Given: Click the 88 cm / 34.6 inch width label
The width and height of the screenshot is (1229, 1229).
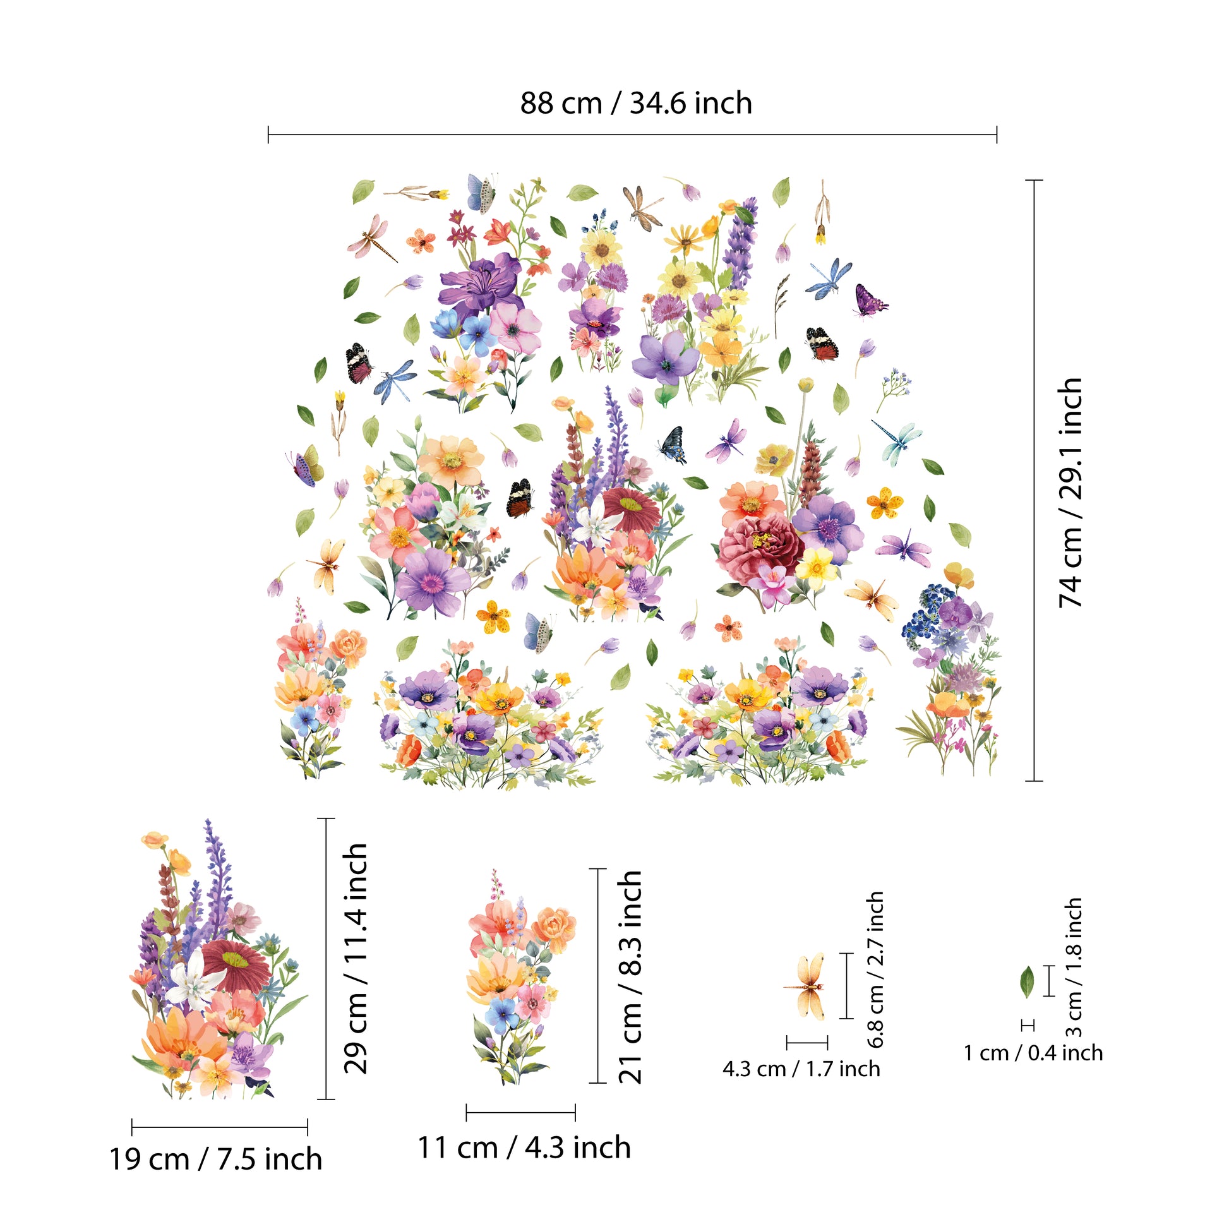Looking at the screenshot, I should click(x=635, y=103).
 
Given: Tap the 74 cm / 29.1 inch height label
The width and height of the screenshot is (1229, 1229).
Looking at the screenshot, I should click(x=1070, y=493).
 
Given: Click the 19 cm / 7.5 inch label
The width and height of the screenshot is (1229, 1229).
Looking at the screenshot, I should click(x=215, y=1159).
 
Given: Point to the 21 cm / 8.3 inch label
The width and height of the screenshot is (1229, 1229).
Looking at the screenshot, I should click(x=630, y=976).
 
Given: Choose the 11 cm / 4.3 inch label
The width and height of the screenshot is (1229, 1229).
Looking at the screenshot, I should click(x=524, y=1148).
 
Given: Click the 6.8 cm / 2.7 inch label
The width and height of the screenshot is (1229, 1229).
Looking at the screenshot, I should click(x=875, y=969).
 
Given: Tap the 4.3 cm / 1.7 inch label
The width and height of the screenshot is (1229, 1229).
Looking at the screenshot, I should click(x=801, y=1068).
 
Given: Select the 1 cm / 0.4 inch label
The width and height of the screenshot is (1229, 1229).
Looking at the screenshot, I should click(x=1033, y=1053).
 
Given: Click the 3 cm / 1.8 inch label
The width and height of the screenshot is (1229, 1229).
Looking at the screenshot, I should click(x=1073, y=967).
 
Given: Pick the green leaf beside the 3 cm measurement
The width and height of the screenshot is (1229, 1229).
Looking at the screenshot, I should click(x=1027, y=981).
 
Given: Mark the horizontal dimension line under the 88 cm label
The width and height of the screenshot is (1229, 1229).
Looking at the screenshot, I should click(x=632, y=135).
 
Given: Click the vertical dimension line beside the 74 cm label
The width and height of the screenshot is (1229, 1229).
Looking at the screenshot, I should click(x=1034, y=480).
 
